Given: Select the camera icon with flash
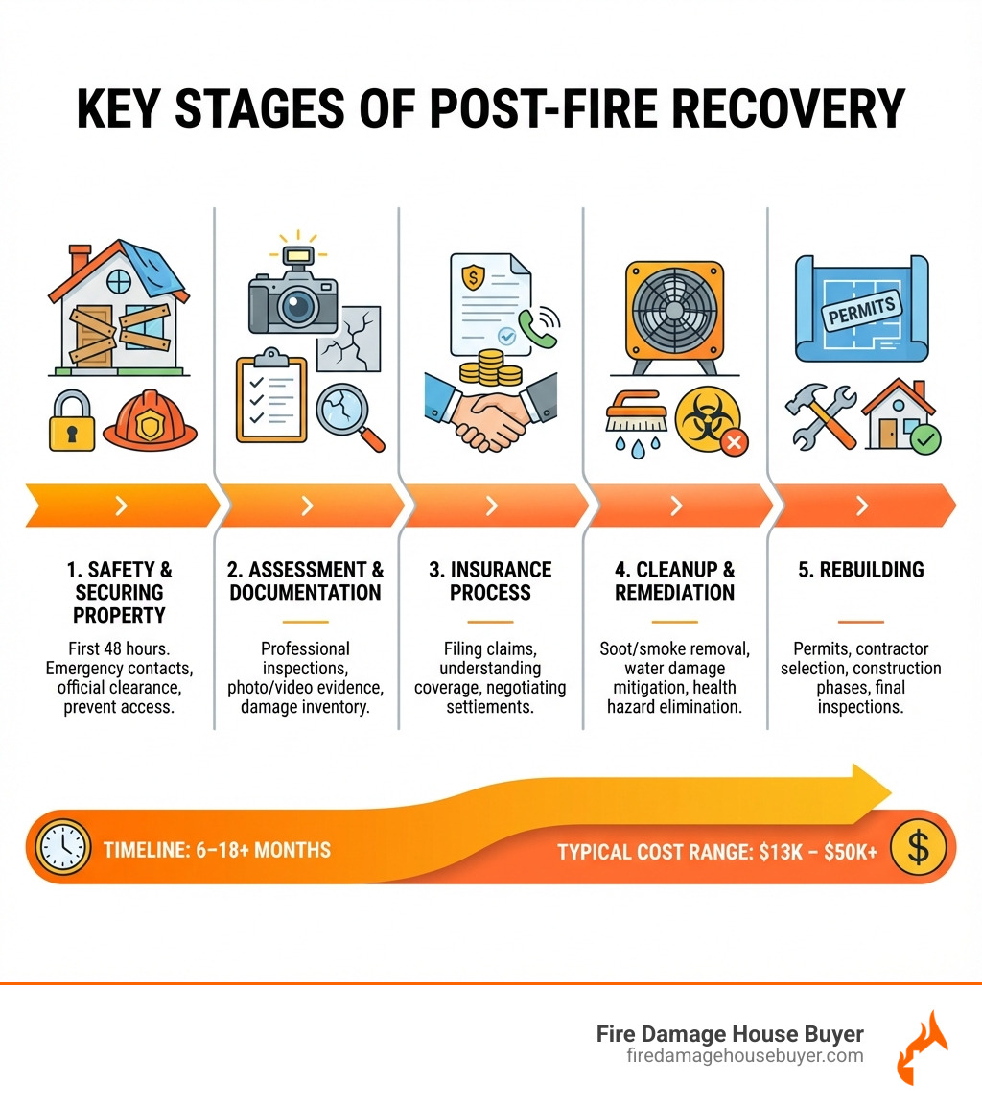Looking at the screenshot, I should click(x=293, y=294).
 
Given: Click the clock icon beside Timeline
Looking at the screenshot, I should click(x=61, y=848).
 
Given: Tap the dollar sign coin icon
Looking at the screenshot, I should click(x=918, y=848).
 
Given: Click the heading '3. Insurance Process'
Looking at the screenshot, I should click(x=490, y=580).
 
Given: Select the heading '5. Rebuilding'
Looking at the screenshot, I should click(x=860, y=569).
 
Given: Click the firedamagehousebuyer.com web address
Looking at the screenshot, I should click(x=743, y=1056).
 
